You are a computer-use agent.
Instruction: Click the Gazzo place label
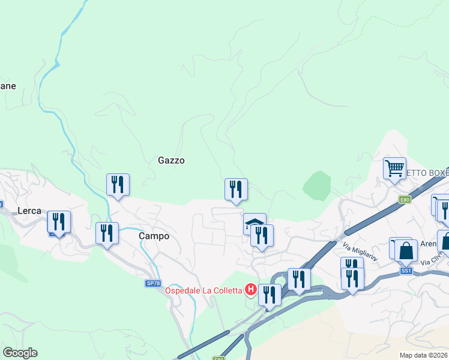tap(171, 160)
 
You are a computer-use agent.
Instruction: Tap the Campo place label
tap(154, 236)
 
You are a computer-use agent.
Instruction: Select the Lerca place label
tap(29, 211)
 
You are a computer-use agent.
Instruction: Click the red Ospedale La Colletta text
tap(203, 291)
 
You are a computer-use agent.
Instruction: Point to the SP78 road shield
tap(154, 283)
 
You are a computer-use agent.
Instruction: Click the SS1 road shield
tap(406, 271)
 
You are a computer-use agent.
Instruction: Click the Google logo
tap(20, 353)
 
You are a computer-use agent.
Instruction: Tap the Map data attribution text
tap(424, 355)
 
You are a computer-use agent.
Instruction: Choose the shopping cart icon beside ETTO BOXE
tap(394, 168)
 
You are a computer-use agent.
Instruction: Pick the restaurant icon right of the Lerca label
tap(59, 221)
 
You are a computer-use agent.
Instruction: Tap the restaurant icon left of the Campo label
tap(107, 233)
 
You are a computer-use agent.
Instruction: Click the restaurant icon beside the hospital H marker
tap(270, 295)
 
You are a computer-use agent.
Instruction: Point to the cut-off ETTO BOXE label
tap(427, 173)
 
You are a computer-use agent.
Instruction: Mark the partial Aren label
tap(428, 244)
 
